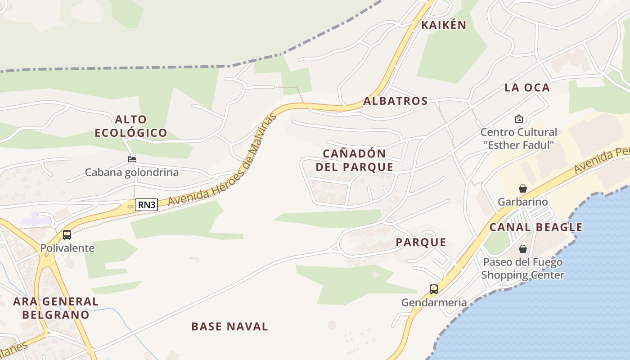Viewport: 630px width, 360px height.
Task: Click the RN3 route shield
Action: click(x=147, y=205)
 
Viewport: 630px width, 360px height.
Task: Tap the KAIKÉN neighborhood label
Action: click(x=443, y=25)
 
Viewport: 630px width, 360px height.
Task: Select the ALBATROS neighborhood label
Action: click(x=395, y=101)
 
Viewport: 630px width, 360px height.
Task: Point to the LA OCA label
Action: click(x=527, y=88)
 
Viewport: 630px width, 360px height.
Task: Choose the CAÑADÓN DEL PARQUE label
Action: click(x=355, y=160)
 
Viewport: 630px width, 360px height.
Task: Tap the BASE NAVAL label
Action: click(x=229, y=327)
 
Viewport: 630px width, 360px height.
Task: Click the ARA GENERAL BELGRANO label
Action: click(x=56, y=308)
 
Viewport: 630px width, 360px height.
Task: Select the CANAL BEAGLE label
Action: click(x=535, y=227)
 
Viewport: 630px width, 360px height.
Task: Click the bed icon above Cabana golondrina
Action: click(x=131, y=159)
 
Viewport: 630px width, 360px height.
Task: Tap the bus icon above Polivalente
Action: click(x=67, y=234)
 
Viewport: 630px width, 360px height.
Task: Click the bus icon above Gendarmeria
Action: click(x=434, y=289)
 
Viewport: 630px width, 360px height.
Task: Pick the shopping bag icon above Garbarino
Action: click(x=522, y=189)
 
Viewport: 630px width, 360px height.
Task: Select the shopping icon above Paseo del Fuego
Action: click(x=522, y=249)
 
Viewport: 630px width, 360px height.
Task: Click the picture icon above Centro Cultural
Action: click(x=518, y=119)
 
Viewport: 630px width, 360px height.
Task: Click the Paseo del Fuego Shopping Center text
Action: click(x=522, y=268)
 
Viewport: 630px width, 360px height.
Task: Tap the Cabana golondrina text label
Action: click(x=132, y=172)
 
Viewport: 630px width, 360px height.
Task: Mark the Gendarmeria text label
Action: click(x=434, y=302)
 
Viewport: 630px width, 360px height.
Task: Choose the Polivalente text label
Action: click(x=67, y=248)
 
